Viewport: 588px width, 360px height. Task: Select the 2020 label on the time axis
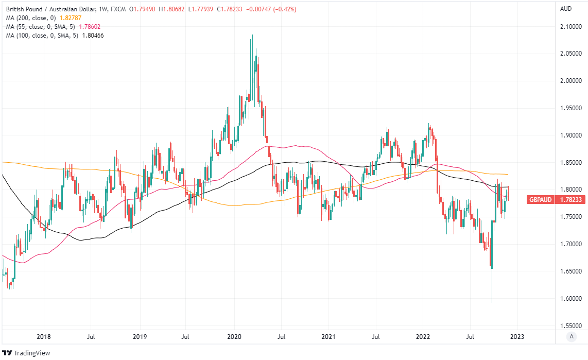[234, 337]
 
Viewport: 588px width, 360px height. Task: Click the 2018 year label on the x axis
[44, 337]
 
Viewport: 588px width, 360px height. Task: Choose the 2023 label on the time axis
[517, 337]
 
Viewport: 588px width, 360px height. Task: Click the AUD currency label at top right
[566, 9]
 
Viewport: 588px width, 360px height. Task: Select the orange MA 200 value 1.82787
[71, 18]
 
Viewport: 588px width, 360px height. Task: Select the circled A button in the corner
[570, 337]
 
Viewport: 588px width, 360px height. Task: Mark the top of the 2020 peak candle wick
[252, 35]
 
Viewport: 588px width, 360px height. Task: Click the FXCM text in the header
[119, 9]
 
